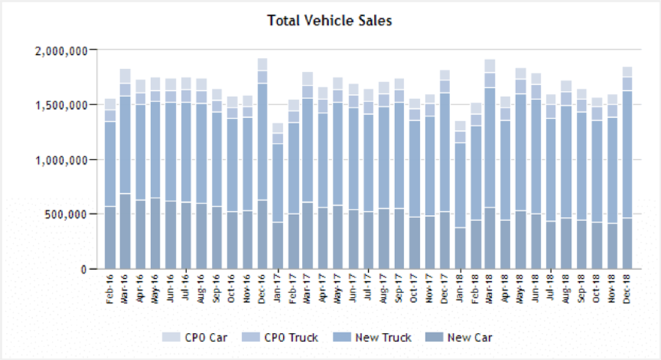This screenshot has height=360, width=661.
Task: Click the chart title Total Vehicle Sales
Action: (x=330, y=20)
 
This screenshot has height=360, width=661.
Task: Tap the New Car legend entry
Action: (x=459, y=337)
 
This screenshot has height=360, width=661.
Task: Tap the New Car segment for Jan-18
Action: (x=460, y=248)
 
